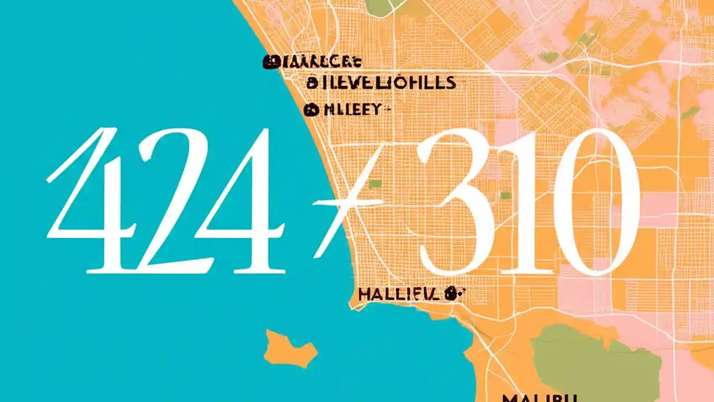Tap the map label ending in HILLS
pyautogui.click(x=382, y=83)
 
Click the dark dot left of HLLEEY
pyautogui.click(x=310, y=109)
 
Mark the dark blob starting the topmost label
pyautogui.click(x=271, y=62)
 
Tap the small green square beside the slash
pyautogui.click(x=375, y=184)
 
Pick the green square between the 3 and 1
pyautogui.click(x=506, y=195)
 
